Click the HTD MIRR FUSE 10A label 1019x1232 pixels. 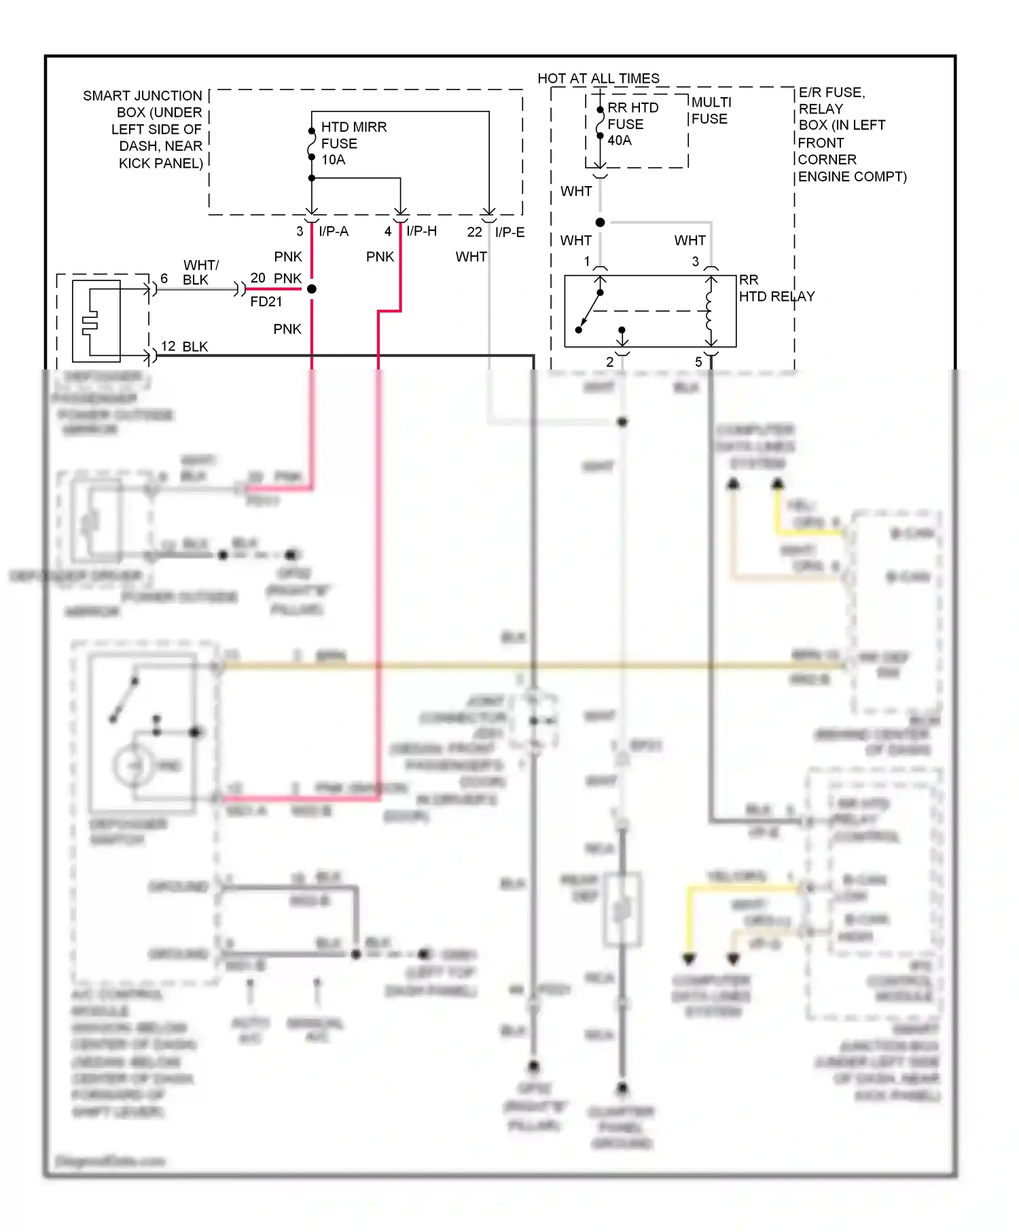pyautogui.click(x=353, y=143)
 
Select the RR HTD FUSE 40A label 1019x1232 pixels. pyautogui.click(x=632, y=124)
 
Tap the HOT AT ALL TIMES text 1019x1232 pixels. pyautogui.click(x=598, y=78)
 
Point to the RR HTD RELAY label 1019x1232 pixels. pyautogui.click(x=775, y=289)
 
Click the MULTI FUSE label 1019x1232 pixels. pyautogui.click(x=711, y=110)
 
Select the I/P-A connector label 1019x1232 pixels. pyautogui.click(x=334, y=232)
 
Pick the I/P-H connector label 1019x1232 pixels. pyautogui.click(x=421, y=232)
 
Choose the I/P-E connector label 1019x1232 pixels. pyautogui.click(x=509, y=232)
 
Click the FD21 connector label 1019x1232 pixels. pyautogui.click(x=266, y=302)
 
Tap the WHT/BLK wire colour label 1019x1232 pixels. pyautogui.click(x=200, y=272)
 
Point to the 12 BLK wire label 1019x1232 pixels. pyautogui.click(x=185, y=346)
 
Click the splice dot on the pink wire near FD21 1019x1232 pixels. pyautogui.click(x=312, y=289)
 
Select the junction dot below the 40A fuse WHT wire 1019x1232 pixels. pyautogui.click(x=600, y=222)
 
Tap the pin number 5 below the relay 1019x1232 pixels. pyautogui.click(x=698, y=362)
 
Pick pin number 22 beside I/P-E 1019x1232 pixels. pyautogui.click(x=474, y=232)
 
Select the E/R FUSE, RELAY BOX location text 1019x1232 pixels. pyautogui.click(x=851, y=134)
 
